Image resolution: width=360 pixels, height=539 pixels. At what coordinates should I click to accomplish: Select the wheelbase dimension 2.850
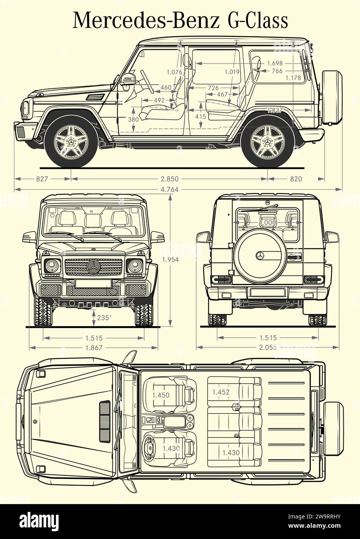coord(170,179)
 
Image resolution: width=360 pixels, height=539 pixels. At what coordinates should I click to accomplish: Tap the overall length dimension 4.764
coord(170,190)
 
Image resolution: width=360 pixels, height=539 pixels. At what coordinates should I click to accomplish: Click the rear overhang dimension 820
coord(296,179)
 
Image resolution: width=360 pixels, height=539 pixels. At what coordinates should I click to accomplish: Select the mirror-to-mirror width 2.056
coord(268,348)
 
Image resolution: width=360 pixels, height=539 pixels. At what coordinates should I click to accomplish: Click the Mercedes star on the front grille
coord(93,267)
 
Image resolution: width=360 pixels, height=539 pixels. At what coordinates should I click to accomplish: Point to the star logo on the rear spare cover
coord(260,256)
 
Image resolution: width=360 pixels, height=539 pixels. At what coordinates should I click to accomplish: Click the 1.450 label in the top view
coord(161,395)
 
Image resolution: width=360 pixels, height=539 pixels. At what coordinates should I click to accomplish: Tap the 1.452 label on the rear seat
coord(221,392)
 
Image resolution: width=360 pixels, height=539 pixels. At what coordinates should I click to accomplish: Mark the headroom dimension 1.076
coord(174,72)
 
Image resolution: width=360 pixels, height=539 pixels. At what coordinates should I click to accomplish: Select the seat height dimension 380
coord(133,119)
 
